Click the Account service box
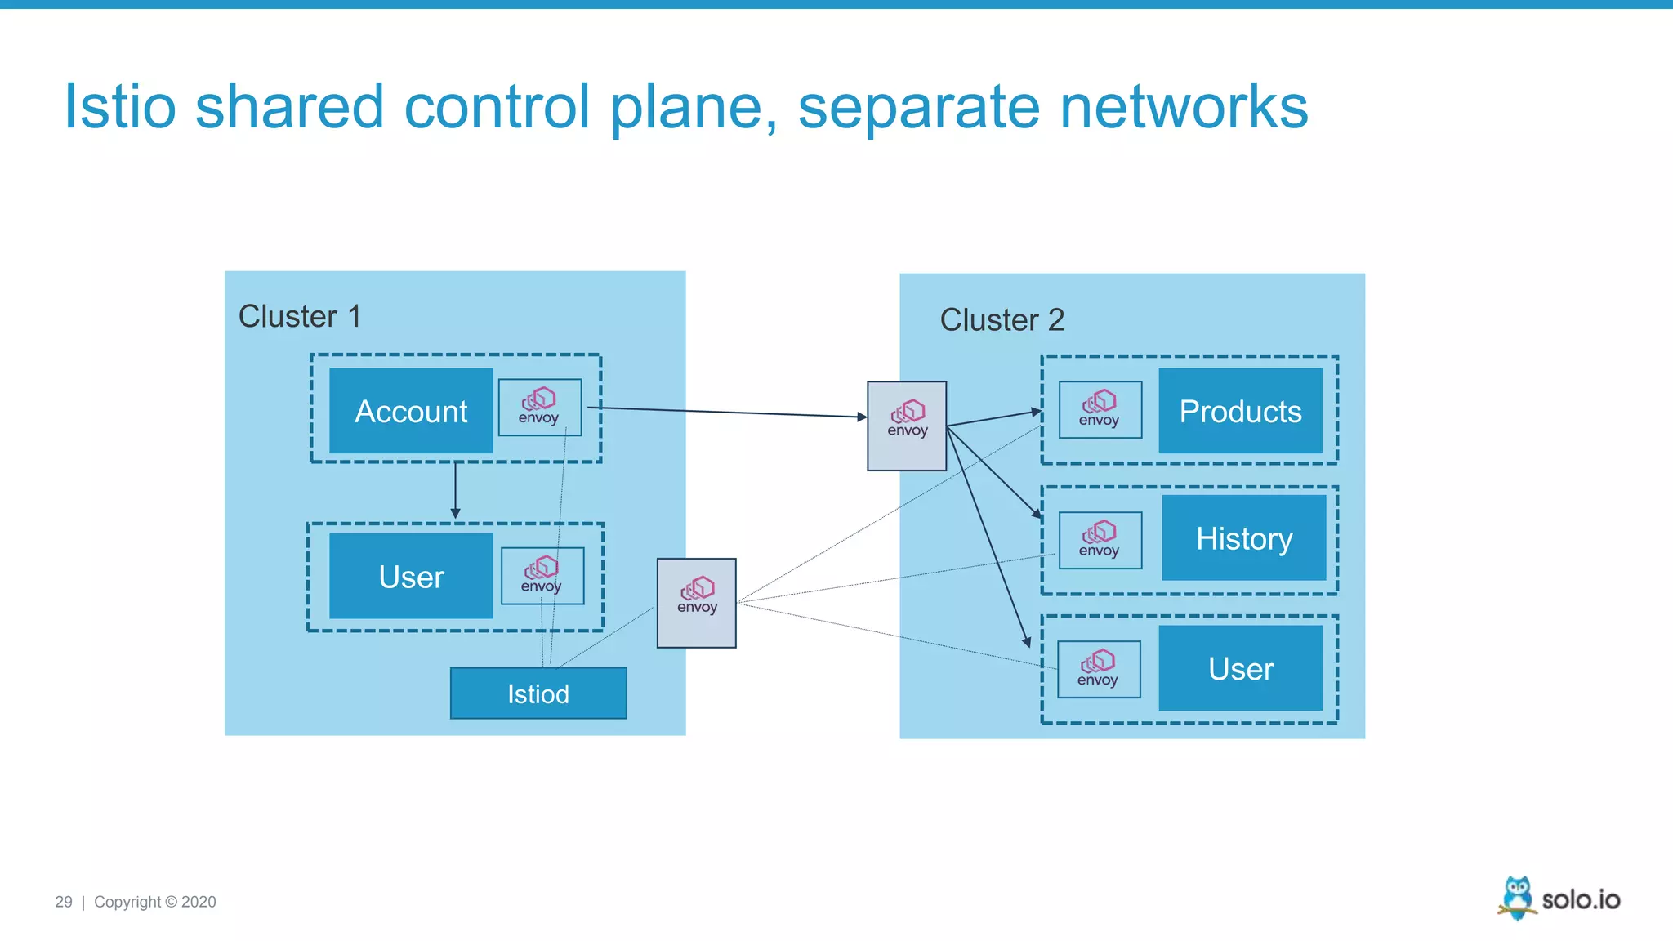pyautogui.click(x=411, y=411)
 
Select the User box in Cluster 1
pyautogui.click(x=411, y=577)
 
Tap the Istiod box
pyautogui.click(x=538, y=693)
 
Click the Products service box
pyautogui.click(x=1240, y=411)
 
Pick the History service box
pyautogui.click(x=1243, y=538)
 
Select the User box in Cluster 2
pyautogui.click(x=1240, y=668)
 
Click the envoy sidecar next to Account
pyautogui.click(x=539, y=407)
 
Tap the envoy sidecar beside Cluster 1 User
pyautogui.click(x=542, y=576)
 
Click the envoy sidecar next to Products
pyautogui.click(x=1100, y=410)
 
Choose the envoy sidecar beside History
pyautogui.click(x=1100, y=540)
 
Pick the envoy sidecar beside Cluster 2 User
pyautogui.click(x=1098, y=669)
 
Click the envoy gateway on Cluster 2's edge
pyautogui.click(x=907, y=426)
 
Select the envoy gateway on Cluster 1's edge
pyautogui.click(x=696, y=603)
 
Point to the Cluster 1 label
pyautogui.click(x=299, y=316)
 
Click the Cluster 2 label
pyautogui.click(x=1002, y=319)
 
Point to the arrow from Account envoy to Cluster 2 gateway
pyautogui.click(x=727, y=413)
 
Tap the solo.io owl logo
pyautogui.click(x=1516, y=898)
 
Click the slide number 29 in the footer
pyautogui.click(x=64, y=902)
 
